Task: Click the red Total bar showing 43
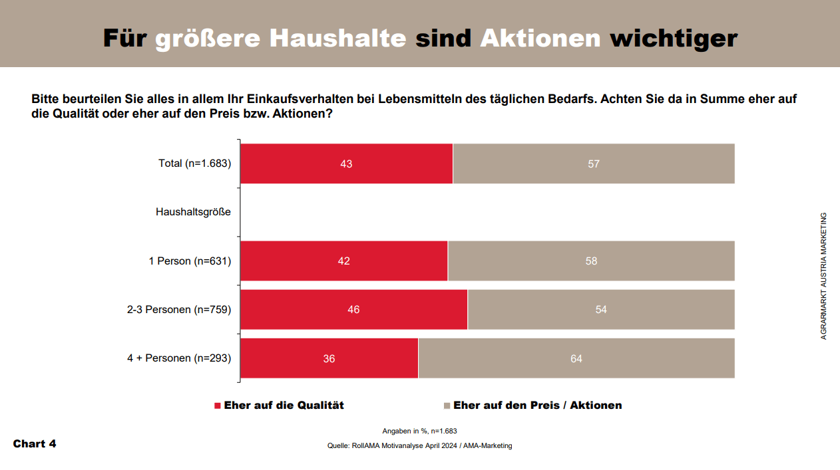(346, 164)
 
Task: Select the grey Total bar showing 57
(594, 164)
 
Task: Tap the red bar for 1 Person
(343, 261)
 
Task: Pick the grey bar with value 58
(591, 261)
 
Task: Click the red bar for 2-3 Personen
(353, 309)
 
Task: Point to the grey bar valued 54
(601, 309)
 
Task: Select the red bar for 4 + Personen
(329, 358)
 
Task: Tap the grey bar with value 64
(576, 358)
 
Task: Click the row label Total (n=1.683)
(194, 164)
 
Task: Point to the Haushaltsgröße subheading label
(193, 212)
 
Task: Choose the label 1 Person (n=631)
(190, 261)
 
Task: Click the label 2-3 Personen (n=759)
(179, 310)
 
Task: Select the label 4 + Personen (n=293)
(179, 358)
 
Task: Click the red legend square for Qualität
(217, 406)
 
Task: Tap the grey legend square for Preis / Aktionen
(447, 406)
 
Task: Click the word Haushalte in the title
(337, 39)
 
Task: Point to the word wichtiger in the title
(674, 39)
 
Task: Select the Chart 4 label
(35, 443)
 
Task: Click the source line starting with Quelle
(420, 446)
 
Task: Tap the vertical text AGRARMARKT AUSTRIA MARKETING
(823, 276)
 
